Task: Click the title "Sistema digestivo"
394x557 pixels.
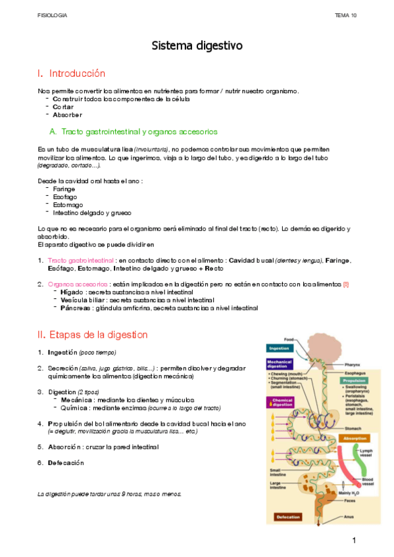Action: [197, 46]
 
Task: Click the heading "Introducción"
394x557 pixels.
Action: [77, 74]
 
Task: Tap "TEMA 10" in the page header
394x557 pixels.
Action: [345, 14]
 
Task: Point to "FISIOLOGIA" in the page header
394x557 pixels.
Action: [52, 14]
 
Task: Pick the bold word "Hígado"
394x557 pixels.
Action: [70, 291]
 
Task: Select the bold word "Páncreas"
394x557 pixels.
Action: [74, 307]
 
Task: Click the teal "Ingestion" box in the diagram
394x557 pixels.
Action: [279, 348]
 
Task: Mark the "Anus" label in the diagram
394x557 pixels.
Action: [349, 516]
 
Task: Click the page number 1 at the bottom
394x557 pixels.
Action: [353, 541]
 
